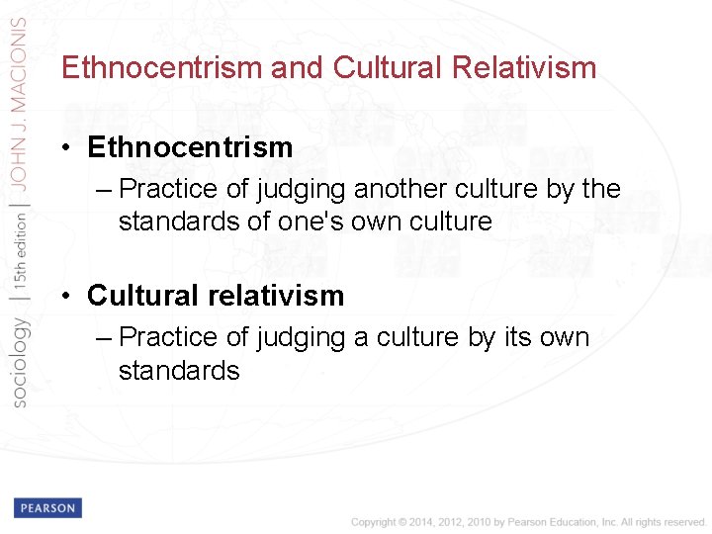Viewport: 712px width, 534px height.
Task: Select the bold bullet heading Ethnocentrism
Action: [190, 147]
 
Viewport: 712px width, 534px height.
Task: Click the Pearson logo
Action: [47, 507]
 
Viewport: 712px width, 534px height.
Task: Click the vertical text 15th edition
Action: [19, 253]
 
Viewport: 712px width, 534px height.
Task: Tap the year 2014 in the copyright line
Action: [414, 522]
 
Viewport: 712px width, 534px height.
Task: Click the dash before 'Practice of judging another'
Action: [106, 189]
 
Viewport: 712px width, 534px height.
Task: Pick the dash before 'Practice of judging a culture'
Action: [106, 337]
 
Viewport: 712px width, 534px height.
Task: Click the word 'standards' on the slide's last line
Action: [179, 370]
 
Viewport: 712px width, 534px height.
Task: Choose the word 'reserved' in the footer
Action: [685, 522]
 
